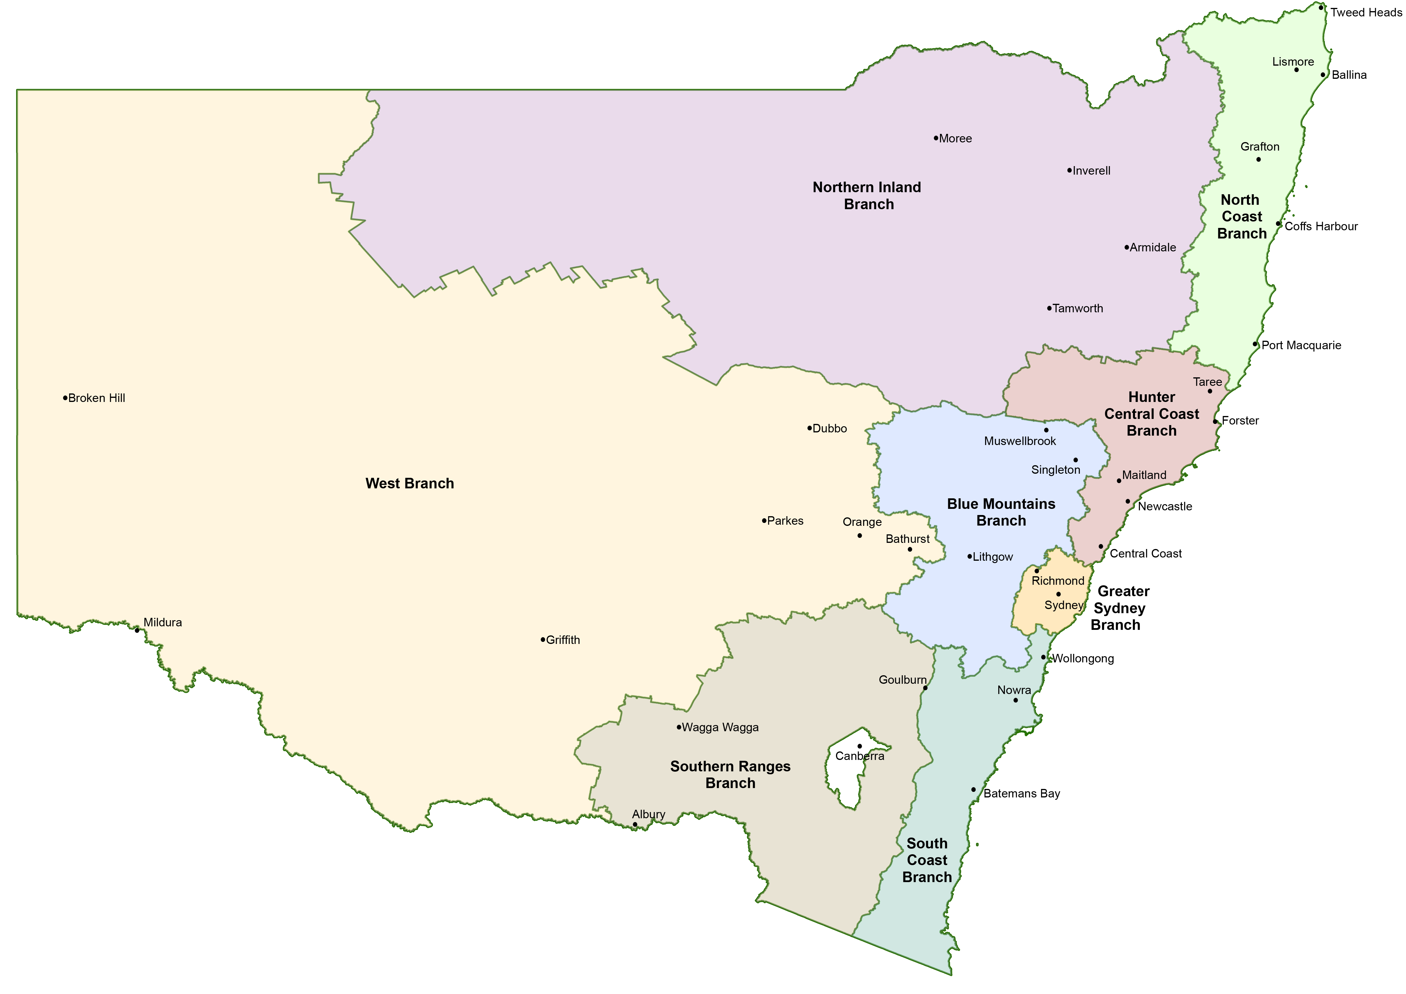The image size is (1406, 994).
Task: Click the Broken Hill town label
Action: coord(97,398)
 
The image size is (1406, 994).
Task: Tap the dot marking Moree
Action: coord(936,138)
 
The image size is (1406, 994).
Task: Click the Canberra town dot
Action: coord(860,746)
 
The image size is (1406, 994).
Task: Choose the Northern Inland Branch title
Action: coord(867,196)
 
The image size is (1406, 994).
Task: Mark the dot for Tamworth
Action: coord(1049,309)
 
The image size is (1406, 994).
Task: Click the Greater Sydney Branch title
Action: coord(1120,608)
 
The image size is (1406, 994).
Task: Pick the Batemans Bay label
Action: coord(1021,794)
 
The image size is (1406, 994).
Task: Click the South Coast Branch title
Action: coord(927,860)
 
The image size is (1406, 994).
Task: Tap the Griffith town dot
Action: coord(542,640)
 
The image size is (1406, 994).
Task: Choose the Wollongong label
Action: coord(1083,659)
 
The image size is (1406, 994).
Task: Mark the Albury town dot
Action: coord(635,824)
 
